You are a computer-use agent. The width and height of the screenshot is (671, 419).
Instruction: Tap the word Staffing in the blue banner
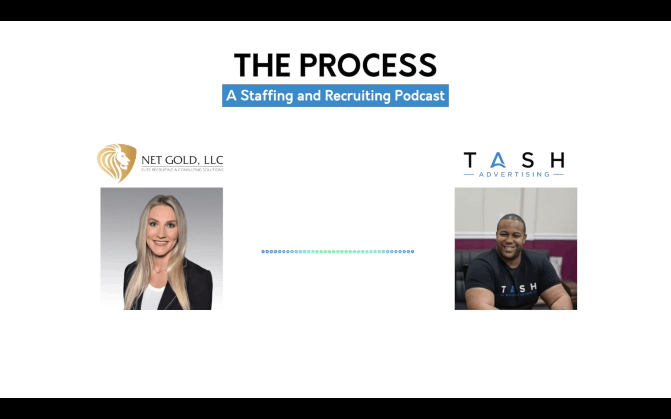point(267,96)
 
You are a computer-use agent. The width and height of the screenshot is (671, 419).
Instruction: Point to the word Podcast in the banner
point(420,95)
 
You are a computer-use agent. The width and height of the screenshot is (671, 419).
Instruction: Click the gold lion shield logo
point(117,163)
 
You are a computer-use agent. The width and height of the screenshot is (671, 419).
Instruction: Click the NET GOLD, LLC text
point(182,160)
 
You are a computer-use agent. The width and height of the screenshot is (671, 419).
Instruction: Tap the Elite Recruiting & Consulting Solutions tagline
point(182,170)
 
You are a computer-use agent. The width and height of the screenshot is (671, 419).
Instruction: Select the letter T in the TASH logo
point(470,160)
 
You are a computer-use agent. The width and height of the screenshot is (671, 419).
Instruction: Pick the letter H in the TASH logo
point(557,160)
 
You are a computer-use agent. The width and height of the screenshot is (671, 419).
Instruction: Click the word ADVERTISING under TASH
point(514,174)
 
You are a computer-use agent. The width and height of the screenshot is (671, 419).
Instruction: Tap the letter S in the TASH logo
point(528,160)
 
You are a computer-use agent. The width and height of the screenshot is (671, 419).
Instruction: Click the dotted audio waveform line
point(338,251)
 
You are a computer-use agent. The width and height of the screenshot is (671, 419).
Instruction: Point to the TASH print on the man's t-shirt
point(519,289)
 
